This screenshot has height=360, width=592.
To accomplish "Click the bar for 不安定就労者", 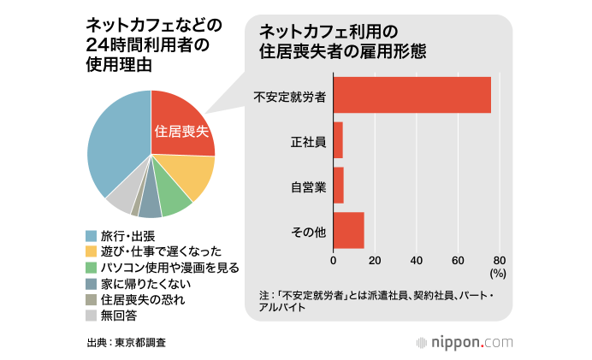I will pyautogui.click(x=411, y=95).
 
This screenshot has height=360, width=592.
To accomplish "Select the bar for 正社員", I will pyautogui.click(x=338, y=140).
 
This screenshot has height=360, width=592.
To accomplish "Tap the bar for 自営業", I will pyautogui.click(x=338, y=185).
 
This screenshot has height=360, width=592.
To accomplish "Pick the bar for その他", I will pyautogui.click(x=348, y=229).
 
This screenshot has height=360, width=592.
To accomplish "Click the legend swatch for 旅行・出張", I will pyautogui.click(x=91, y=235).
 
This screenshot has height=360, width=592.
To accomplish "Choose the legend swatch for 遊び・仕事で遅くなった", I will pyautogui.click(x=91, y=251).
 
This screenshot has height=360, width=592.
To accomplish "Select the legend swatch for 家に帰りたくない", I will pyautogui.click(x=91, y=283).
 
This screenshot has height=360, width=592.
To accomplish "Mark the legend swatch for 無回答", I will pyautogui.click(x=91, y=316).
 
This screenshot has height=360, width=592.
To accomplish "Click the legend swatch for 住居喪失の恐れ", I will pyautogui.click(x=91, y=299).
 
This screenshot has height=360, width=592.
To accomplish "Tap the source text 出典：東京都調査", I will pyautogui.click(x=126, y=342).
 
